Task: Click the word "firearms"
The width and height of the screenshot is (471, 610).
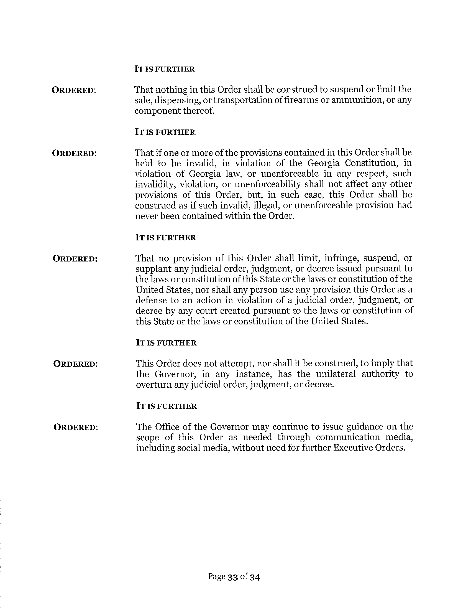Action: click(x=301, y=100)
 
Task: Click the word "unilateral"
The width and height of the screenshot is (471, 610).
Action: click(x=336, y=374)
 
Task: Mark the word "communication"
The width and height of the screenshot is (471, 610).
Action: click(x=348, y=437)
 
